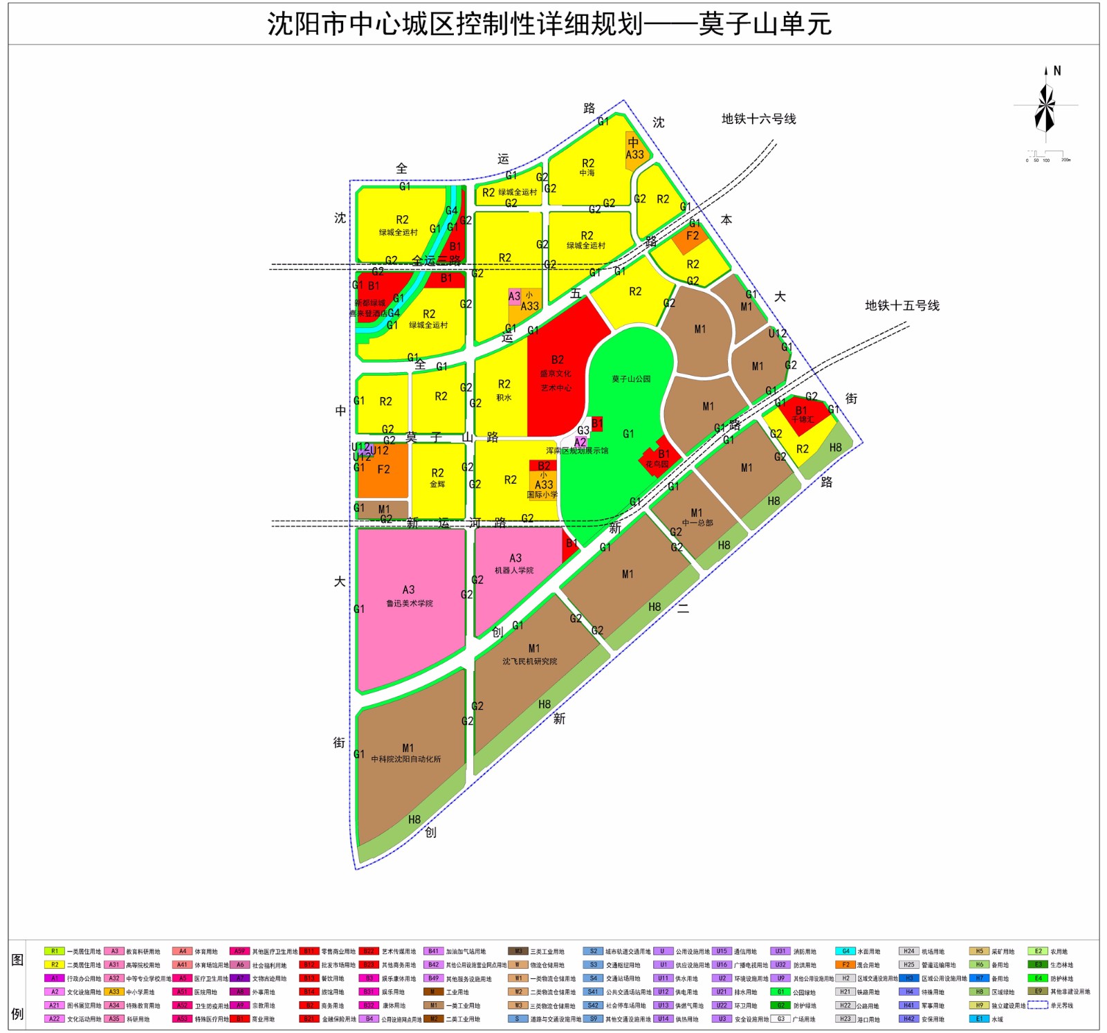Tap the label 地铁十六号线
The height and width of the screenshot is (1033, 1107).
click(x=758, y=119)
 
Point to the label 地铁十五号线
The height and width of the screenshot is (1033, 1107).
click(x=902, y=306)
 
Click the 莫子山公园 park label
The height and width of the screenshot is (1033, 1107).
click(x=631, y=379)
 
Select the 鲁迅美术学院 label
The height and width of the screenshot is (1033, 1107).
click(x=410, y=603)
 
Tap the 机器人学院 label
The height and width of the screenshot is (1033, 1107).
click(x=514, y=570)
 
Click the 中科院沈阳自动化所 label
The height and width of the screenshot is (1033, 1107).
click(x=406, y=759)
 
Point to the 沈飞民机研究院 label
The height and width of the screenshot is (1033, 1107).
click(x=530, y=661)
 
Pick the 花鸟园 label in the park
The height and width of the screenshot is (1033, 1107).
click(x=657, y=464)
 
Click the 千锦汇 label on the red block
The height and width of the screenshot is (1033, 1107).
click(x=802, y=419)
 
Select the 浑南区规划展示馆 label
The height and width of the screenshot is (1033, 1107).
click(x=577, y=450)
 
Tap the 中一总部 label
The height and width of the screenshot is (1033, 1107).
click(x=697, y=522)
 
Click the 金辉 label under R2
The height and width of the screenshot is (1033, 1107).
click(x=437, y=484)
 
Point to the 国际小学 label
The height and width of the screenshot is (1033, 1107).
click(x=542, y=495)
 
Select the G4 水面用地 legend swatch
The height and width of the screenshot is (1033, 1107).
click(x=845, y=951)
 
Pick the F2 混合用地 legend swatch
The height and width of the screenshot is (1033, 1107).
click(x=845, y=965)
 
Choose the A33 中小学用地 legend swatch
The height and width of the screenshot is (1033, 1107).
click(x=114, y=991)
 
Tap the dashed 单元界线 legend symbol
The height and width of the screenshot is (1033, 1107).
click(x=1037, y=1005)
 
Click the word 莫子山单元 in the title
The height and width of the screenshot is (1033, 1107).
click(x=765, y=24)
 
